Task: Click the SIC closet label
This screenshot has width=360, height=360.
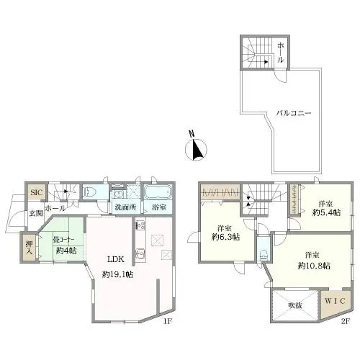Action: (37, 192)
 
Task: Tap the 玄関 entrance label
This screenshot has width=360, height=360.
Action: (36, 213)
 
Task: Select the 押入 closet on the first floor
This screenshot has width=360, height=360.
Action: (29, 248)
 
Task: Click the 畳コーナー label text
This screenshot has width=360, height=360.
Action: (63, 239)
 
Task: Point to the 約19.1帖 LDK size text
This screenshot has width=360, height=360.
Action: (117, 274)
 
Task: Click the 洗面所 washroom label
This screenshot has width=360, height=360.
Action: (126, 207)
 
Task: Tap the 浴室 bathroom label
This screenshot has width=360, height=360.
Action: (159, 207)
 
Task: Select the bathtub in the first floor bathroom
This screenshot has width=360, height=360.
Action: (158, 192)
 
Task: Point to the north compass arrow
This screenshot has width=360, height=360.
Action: (197, 150)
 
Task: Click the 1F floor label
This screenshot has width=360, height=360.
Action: (168, 321)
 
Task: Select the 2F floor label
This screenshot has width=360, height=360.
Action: (345, 321)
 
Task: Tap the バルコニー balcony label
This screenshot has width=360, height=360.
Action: (294, 113)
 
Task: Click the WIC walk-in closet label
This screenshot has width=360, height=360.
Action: (335, 301)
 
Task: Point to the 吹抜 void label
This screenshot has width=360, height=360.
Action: (295, 305)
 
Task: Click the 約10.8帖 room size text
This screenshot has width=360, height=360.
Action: (314, 266)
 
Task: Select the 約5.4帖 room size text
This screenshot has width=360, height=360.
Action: (326, 212)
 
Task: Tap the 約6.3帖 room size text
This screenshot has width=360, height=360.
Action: (225, 237)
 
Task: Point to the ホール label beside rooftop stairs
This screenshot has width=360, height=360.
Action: (280, 53)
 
